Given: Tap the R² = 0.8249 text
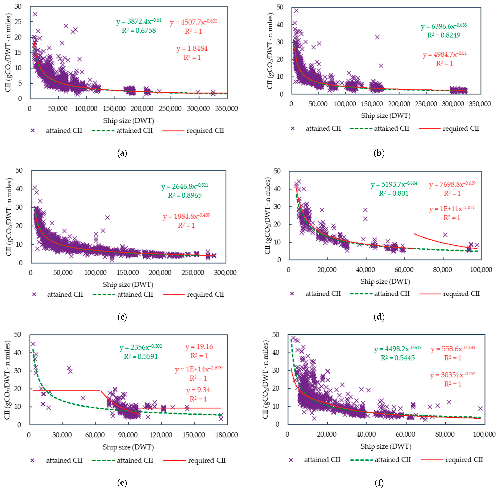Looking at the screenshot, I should [x=444, y=35].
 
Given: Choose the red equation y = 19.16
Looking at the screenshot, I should [x=199, y=347].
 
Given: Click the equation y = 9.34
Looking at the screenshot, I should [x=198, y=390].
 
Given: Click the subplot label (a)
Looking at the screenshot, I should [x=122, y=153].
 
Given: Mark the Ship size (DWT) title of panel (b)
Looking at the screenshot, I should [x=386, y=116].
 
